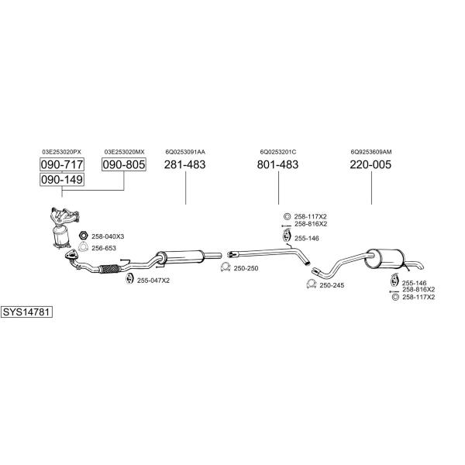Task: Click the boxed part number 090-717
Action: click(61, 164)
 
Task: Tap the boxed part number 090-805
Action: click(124, 164)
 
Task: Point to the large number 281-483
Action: click(184, 164)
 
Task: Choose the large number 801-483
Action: click(277, 164)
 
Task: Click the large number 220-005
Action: click(370, 164)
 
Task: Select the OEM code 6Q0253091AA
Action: click(184, 152)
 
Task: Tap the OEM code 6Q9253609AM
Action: click(370, 152)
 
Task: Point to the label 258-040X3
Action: click(108, 236)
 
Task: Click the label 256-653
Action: click(104, 248)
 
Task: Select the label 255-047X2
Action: click(153, 280)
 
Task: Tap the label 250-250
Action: click(246, 268)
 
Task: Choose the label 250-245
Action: click(332, 285)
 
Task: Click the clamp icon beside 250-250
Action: click(225, 268)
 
